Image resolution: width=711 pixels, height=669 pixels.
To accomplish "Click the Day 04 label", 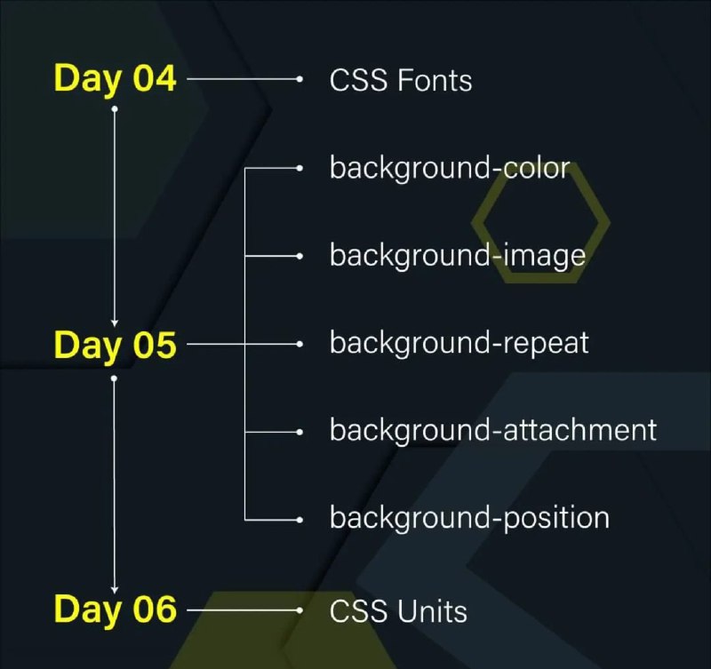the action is (x=115, y=79).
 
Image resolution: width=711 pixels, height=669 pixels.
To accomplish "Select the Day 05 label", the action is (x=115, y=346).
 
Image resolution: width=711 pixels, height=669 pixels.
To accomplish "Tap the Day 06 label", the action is (x=115, y=609).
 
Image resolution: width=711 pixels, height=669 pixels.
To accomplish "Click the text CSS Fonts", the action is (x=401, y=81).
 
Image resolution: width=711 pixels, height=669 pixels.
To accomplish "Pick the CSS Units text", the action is (x=398, y=611).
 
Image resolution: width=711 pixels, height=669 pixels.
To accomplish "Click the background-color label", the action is (x=450, y=169).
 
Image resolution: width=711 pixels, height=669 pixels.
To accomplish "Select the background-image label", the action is (x=458, y=256).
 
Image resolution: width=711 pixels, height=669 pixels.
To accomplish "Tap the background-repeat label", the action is (x=459, y=343).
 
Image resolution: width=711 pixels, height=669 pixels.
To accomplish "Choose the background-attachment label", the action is (x=493, y=430).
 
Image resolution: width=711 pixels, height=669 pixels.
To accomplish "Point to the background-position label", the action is (x=470, y=518).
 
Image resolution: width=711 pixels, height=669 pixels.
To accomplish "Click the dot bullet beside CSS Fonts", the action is (x=300, y=79).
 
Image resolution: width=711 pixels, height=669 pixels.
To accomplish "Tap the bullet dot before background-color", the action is (x=300, y=168).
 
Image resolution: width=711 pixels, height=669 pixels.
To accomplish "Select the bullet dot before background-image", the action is (x=300, y=256).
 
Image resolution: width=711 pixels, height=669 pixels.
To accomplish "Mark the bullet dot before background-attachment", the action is (x=300, y=432).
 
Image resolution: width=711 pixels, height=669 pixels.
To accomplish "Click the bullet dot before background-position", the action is (x=300, y=520).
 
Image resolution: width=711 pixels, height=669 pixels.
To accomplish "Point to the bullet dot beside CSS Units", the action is (x=300, y=610).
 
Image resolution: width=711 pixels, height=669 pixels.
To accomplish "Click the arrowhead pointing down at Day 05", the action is (x=115, y=323).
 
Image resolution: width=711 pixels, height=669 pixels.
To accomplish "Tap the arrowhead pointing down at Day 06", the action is (x=115, y=589).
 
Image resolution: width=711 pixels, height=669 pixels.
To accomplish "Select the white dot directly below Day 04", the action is (x=115, y=108).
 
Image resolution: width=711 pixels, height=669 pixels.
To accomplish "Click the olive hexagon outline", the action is (x=477, y=222).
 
